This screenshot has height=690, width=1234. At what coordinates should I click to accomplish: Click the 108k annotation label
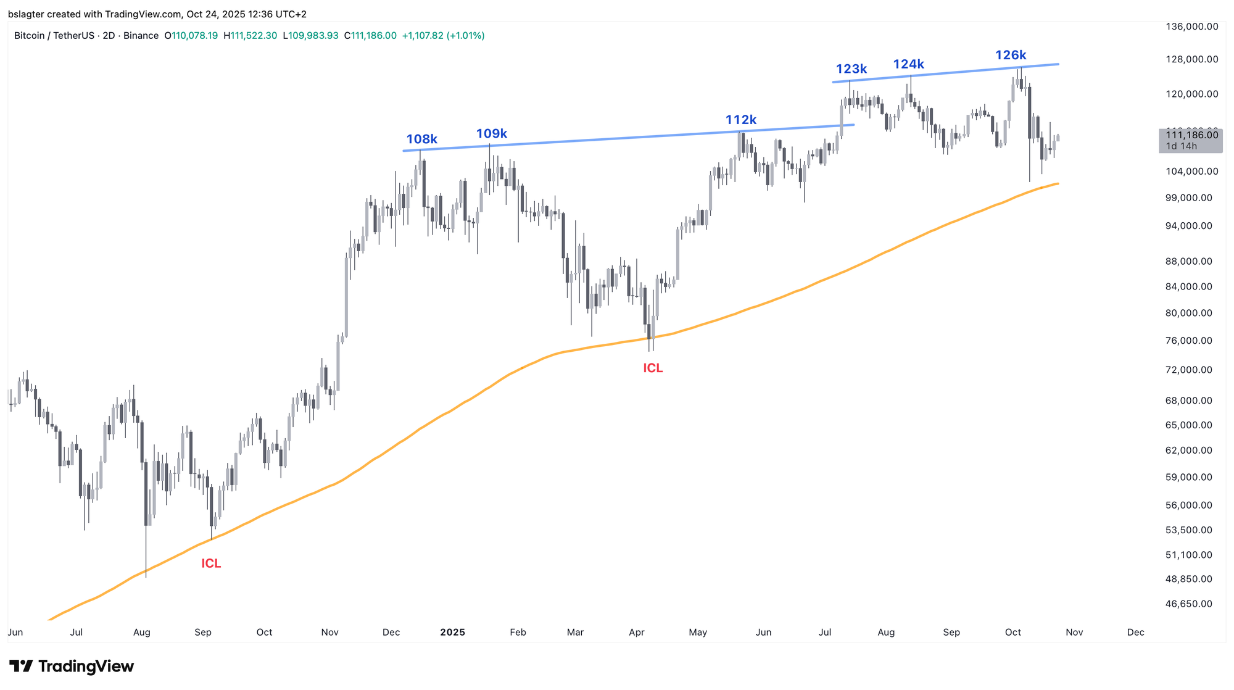point(421,139)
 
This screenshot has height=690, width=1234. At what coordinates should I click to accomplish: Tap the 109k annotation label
point(492,133)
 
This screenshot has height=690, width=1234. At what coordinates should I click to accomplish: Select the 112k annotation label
point(740,120)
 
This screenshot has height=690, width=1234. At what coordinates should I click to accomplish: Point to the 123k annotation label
point(851,69)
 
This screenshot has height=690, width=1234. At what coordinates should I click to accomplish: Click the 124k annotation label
point(909,64)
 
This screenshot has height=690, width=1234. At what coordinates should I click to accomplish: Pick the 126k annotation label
point(1011,56)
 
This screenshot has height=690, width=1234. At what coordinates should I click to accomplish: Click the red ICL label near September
point(211,563)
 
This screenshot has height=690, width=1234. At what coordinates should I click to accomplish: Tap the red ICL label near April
point(653,368)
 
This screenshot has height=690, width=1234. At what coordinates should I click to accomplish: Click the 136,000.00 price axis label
point(1192,27)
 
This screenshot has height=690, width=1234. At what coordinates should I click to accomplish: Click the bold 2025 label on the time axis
point(452,633)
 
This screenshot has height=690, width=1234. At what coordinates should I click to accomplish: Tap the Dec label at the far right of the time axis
point(1135,633)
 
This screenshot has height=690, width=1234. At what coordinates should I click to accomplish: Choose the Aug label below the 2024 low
point(142,633)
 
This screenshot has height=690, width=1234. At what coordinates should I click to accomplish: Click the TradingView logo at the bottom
point(72,667)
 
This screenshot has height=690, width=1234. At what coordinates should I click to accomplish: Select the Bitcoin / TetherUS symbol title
point(56,36)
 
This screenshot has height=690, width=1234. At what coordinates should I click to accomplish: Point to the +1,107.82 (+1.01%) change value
point(443,36)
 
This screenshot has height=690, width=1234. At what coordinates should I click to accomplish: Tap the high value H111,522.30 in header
point(250,36)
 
